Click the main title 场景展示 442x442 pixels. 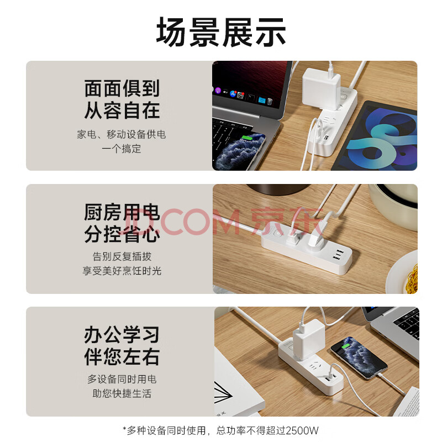coord(221,32)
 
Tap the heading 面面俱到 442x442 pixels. coord(122,88)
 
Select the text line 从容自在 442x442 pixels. coord(122,110)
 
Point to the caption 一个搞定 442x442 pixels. coord(122,149)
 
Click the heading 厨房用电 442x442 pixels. coord(122,212)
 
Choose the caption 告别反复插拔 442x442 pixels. coord(122,256)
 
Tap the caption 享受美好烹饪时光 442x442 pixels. coord(122,271)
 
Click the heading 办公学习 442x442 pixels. coord(122,335)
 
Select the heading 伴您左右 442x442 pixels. coord(122,356)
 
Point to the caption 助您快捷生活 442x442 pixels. coord(122,393)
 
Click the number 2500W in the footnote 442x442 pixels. coord(302,430)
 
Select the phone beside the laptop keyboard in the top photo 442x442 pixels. coord(239,151)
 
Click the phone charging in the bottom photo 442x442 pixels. coord(359,358)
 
